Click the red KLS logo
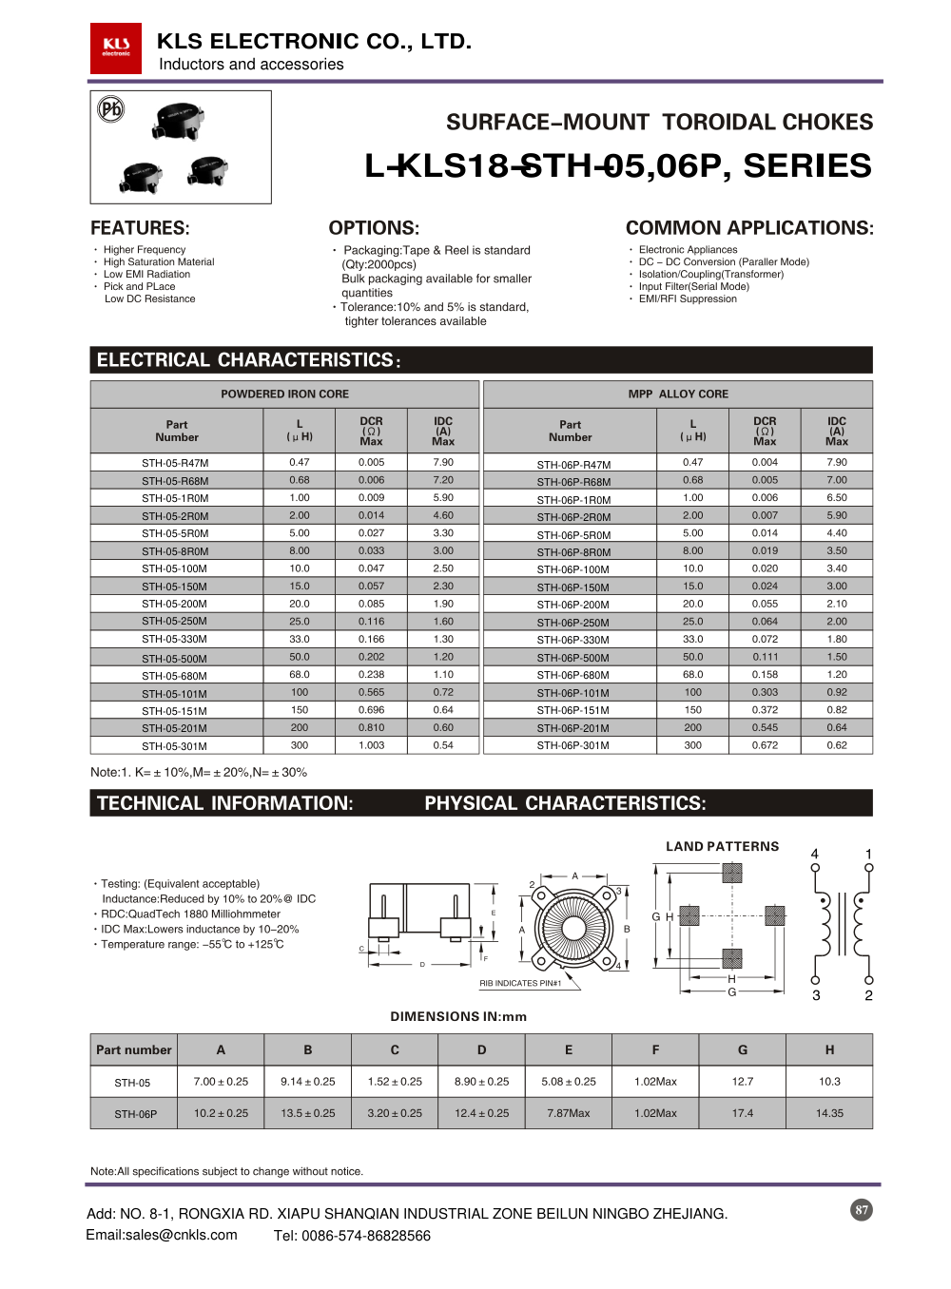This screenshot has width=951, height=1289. pos(116,48)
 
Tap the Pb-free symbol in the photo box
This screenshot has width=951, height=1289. pos(111,109)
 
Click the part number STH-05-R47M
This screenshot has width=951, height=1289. pos(175,463)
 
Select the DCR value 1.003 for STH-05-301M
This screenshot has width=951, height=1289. pos(371,745)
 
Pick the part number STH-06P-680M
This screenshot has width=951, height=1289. pos(573,675)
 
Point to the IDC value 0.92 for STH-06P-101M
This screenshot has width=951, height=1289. pos(836,692)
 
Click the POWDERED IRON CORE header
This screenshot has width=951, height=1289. pos(284,394)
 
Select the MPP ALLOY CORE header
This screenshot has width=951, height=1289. pos(678,394)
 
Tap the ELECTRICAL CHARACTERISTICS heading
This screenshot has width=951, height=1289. pos(248,360)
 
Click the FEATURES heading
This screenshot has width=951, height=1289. pos(140,228)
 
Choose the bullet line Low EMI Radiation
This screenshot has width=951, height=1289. pos(146,274)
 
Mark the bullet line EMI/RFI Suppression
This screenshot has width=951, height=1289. pos(688,298)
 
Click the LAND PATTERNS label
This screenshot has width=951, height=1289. pos(722,846)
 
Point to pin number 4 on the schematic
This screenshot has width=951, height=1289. pos(814,854)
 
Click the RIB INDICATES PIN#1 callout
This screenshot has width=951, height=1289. pos(520,983)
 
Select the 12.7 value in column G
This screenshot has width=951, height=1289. pos(742,1082)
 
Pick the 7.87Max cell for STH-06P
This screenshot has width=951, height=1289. pos(568,1113)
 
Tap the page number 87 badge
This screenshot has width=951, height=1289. pos(861,1210)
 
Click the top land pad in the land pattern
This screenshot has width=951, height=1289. pos(731,873)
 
